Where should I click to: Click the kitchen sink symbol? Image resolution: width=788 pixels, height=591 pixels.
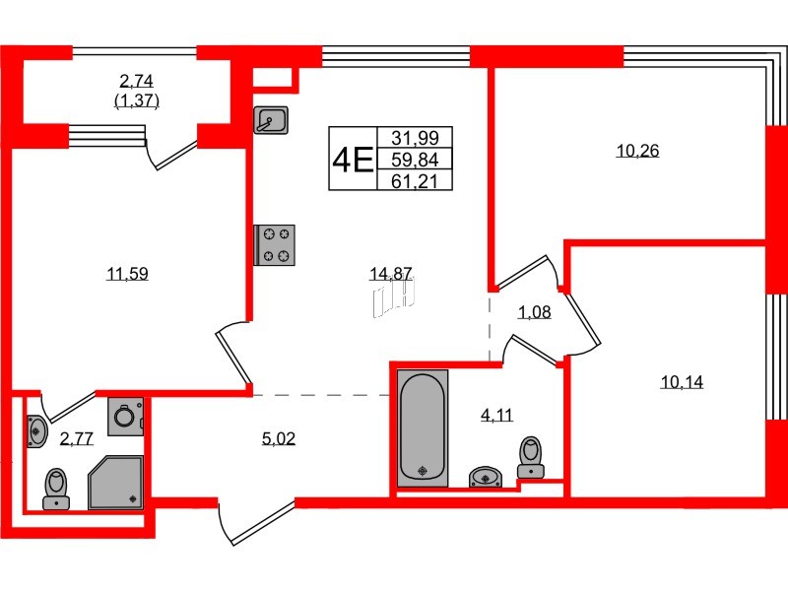click(x=271, y=119)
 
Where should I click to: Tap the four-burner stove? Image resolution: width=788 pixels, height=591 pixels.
click(x=275, y=245)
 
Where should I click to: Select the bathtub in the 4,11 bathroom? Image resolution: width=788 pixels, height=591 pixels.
click(x=423, y=428)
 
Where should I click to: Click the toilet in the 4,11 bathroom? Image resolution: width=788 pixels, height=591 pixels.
click(x=531, y=457)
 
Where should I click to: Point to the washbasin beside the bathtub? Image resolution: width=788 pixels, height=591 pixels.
click(x=486, y=477)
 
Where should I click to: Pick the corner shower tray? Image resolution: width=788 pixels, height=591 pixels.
click(x=116, y=483)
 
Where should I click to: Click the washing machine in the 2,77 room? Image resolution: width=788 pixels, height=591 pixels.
click(x=126, y=416)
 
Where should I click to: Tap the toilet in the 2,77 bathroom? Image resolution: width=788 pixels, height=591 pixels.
click(x=56, y=489)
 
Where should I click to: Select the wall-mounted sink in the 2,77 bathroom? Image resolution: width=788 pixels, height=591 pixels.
click(x=36, y=430)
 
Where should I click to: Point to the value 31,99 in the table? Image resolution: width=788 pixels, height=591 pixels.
click(x=415, y=138)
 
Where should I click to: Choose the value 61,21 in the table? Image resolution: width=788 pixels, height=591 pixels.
click(x=415, y=181)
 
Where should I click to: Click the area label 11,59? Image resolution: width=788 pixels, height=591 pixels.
click(x=127, y=274)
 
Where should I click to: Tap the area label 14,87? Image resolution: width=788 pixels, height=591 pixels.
click(x=391, y=274)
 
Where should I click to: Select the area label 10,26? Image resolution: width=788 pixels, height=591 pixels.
click(x=637, y=151)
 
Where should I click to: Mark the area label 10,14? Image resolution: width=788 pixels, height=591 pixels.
click(x=682, y=382)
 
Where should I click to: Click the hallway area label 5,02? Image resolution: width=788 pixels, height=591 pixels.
click(x=279, y=438)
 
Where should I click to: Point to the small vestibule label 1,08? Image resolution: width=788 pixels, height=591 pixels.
click(x=535, y=312)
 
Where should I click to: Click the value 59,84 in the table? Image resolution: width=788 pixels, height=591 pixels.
click(x=415, y=160)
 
